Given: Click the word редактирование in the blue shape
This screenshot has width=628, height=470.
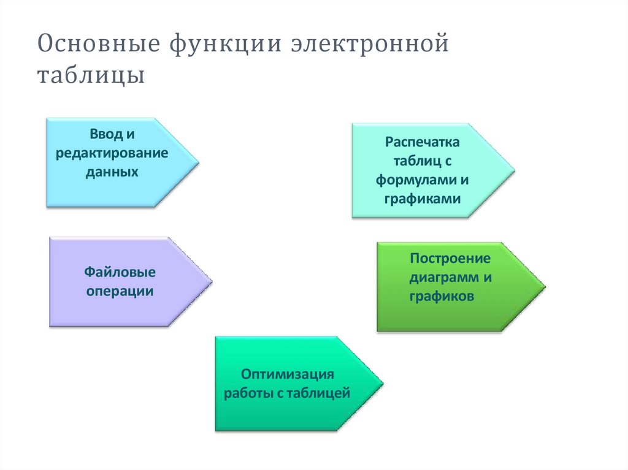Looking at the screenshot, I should [112, 153].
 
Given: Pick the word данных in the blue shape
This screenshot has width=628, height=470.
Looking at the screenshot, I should [112, 172].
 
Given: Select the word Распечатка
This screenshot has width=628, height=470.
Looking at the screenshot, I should [423, 142].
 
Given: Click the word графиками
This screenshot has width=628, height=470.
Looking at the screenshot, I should [423, 199].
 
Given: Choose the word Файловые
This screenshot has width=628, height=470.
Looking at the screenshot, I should [120, 271].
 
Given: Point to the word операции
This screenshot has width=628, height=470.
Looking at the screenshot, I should [120, 291].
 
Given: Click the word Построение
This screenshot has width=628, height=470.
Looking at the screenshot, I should [451, 258].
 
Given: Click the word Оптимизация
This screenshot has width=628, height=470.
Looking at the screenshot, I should [287, 374].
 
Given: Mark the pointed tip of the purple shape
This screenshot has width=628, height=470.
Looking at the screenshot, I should [212, 282].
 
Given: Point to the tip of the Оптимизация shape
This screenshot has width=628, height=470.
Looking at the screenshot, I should [383, 384].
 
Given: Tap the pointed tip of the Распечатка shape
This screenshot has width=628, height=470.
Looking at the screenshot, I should [514, 170].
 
